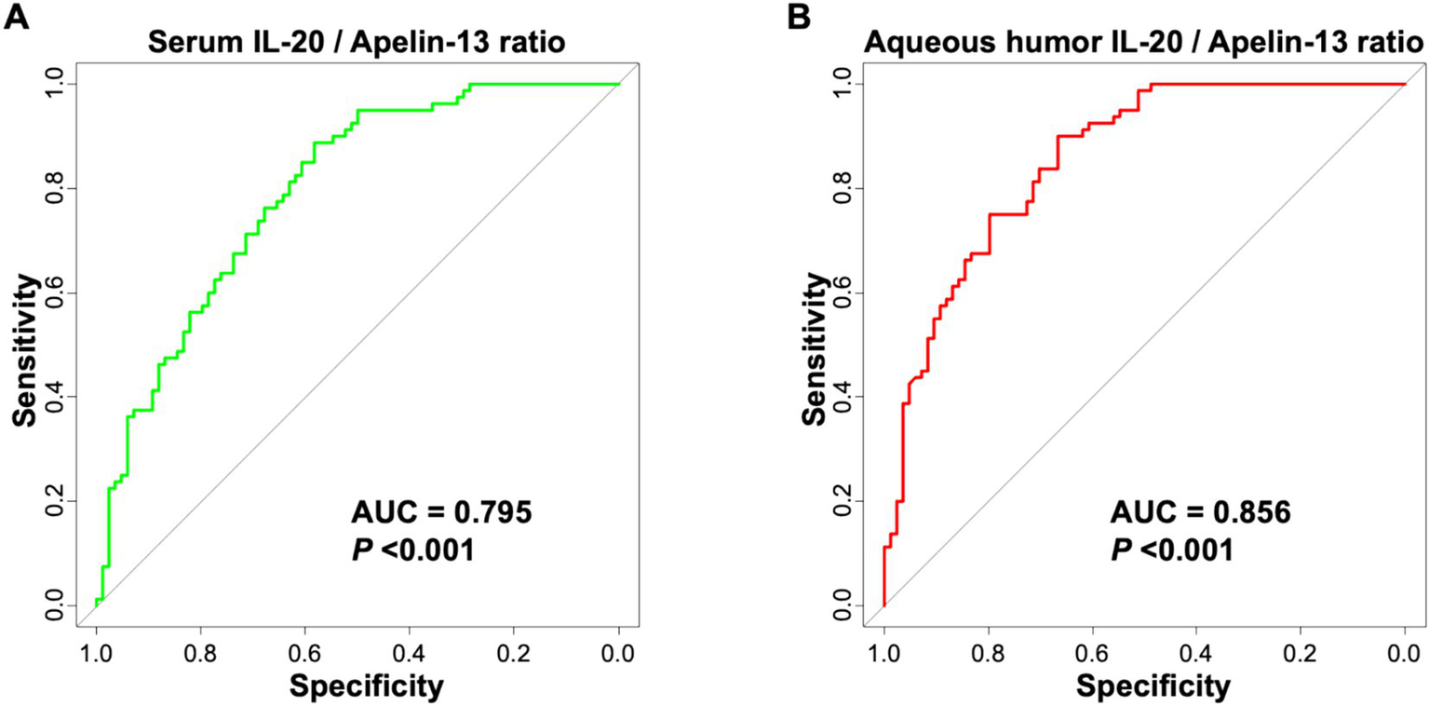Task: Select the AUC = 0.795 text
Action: (440, 512)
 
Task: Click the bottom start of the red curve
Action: (883, 605)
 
